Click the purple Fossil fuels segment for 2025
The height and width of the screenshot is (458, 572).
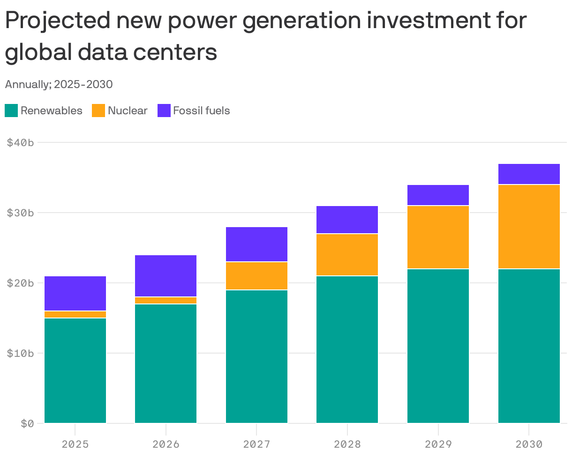(x=75, y=293)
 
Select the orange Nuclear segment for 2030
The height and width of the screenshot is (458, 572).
(x=529, y=227)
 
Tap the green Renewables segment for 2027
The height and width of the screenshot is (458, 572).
(x=256, y=356)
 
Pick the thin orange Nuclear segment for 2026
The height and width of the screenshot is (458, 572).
(x=166, y=300)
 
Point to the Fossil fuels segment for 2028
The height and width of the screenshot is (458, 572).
(x=347, y=220)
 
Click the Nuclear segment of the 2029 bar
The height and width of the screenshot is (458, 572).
(x=438, y=237)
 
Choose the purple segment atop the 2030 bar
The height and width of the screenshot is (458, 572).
(x=529, y=174)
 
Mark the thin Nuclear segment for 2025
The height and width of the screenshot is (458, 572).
(x=75, y=314)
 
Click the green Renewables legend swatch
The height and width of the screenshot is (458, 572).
(x=11, y=111)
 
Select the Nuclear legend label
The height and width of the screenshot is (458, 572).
(x=127, y=111)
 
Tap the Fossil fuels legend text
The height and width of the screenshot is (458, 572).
(x=201, y=111)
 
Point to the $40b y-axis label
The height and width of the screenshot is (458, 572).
(x=20, y=142)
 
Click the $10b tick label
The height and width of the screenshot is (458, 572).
(x=20, y=353)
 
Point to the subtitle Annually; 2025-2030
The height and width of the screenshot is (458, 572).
(x=59, y=85)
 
